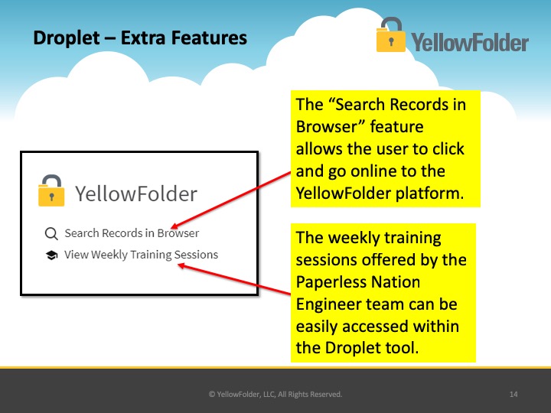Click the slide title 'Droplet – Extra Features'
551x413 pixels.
pos(140,38)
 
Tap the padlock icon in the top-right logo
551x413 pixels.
pos(390,35)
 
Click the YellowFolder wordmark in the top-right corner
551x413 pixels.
pos(469,43)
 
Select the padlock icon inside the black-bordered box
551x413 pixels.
pos(51,190)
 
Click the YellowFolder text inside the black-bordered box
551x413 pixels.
pos(136,193)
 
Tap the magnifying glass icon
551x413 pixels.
pos(51,233)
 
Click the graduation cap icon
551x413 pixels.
pos(52,255)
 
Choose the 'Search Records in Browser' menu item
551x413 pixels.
pos(132,233)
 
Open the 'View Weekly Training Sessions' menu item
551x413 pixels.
pos(141,255)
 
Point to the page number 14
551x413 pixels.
pos(514,394)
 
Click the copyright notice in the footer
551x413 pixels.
pos(275,394)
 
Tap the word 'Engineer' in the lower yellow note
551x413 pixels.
pos(328,304)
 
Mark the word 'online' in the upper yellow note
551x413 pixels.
pos(374,171)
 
